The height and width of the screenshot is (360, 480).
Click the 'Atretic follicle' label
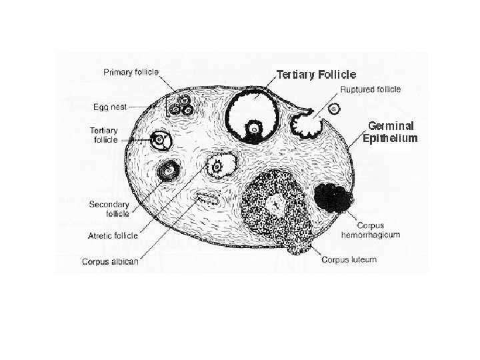pyautogui.click(x=113, y=235)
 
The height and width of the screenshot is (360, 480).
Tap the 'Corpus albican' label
pyautogui.click(x=110, y=261)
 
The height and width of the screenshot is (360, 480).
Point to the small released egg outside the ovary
pyautogui.click(x=335, y=108)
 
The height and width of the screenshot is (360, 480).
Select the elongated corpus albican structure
pyautogui.click(x=206, y=197)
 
